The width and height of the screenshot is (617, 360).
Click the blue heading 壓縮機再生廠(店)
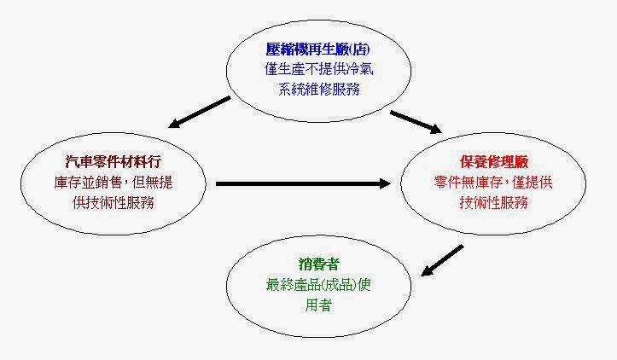pyautogui.click(x=318, y=49)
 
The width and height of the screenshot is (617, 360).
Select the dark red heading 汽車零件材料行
pyautogui.click(x=114, y=162)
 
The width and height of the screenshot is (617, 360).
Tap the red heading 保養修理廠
pyautogui.click(x=494, y=162)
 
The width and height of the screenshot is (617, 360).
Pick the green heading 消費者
pyautogui.click(x=318, y=264)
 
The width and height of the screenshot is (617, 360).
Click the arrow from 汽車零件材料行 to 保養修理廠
pyautogui.click(x=303, y=183)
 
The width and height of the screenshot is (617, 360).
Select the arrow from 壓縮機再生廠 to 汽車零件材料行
pyautogui.click(x=200, y=112)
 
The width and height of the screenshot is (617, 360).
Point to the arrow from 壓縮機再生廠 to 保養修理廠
pyautogui.click(x=416, y=122)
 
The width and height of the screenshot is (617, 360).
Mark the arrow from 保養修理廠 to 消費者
pyautogui.click(x=442, y=260)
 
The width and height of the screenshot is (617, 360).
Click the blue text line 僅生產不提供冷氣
pyautogui.click(x=318, y=69)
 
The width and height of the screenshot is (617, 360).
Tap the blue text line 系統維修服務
pyautogui.click(x=318, y=90)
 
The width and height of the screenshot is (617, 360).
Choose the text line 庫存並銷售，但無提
pyautogui.click(x=114, y=183)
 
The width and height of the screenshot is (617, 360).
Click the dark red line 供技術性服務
pyautogui.click(x=114, y=203)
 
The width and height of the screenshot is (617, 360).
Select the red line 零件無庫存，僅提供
pyautogui.click(x=493, y=183)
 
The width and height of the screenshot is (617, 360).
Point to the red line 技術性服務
pyautogui.click(x=494, y=203)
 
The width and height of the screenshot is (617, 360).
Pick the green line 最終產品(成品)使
pyautogui.click(x=318, y=284)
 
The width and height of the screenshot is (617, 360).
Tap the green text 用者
pyautogui.click(x=318, y=305)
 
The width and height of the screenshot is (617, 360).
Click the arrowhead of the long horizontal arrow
pyautogui.click(x=385, y=183)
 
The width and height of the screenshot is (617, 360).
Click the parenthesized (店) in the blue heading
pyautogui.click(x=359, y=49)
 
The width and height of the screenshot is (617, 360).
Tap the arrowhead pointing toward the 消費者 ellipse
pyautogui.click(x=427, y=270)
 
